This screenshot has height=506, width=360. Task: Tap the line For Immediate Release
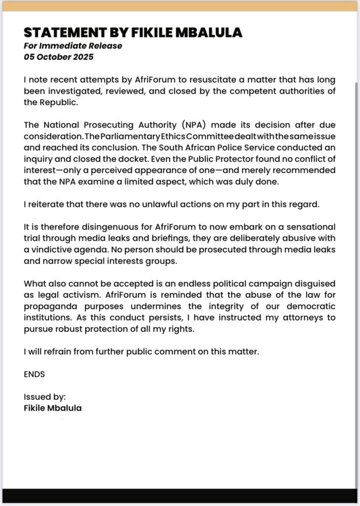73,46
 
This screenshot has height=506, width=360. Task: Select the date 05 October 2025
58,56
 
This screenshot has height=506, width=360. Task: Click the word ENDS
35,374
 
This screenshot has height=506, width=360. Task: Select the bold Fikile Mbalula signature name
53,408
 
